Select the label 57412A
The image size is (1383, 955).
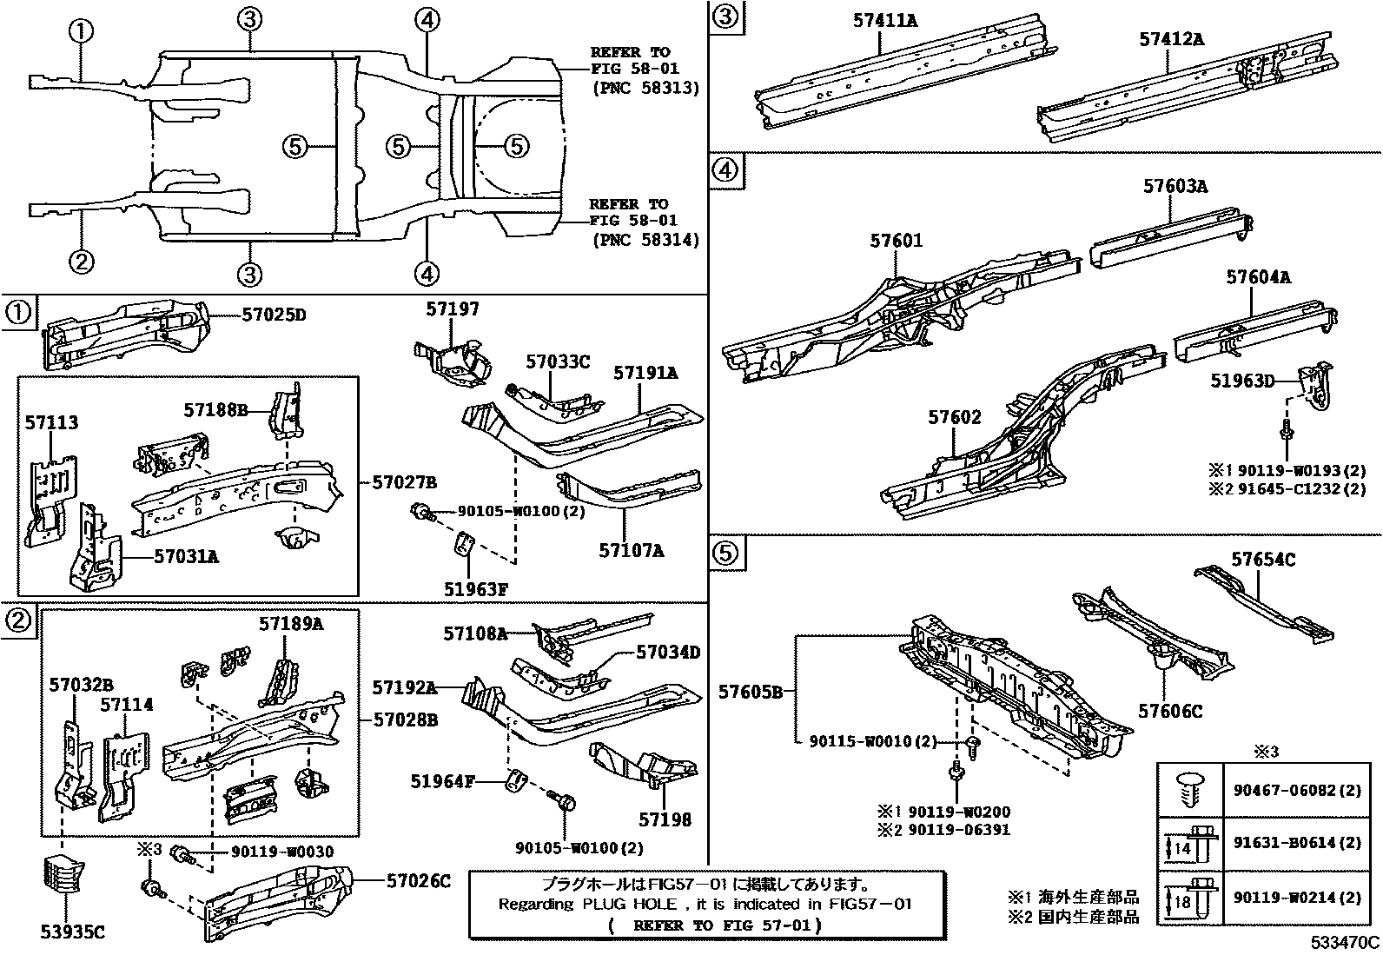[x=1171, y=39]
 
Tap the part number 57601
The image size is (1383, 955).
[x=896, y=241]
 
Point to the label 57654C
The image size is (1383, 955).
[x=1262, y=560]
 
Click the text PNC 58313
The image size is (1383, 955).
[x=645, y=89]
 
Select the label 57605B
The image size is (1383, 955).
[x=751, y=692]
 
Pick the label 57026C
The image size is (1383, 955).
[x=419, y=881]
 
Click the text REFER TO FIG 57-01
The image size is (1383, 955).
[x=715, y=925]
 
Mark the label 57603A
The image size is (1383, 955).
[x=1175, y=186]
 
